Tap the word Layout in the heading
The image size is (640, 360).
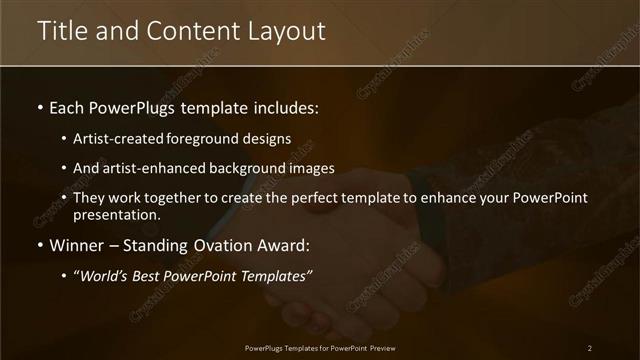(x=285, y=31)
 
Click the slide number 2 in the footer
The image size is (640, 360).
(x=589, y=347)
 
